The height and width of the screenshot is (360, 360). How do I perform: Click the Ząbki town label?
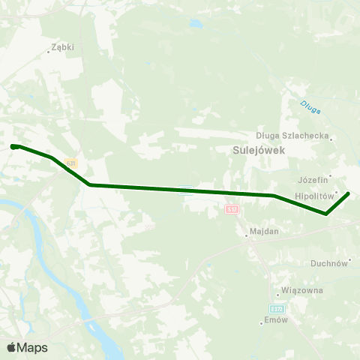click(62, 47)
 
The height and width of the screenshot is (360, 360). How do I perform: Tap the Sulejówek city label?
click(251, 149)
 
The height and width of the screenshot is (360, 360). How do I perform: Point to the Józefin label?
click(313, 180)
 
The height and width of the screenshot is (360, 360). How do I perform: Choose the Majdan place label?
click(263, 231)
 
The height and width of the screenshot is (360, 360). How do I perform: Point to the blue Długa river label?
click(310, 107)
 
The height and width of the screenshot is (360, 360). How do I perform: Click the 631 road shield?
click(70, 163)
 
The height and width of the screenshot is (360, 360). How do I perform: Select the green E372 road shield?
click(277, 308)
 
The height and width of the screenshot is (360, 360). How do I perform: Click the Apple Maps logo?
click(27, 347)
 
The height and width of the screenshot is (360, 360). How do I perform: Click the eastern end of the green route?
click(348, 193)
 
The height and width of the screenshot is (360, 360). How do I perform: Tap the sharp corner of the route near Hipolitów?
click(325, 214)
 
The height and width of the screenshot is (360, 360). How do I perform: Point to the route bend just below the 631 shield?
click(89, 184)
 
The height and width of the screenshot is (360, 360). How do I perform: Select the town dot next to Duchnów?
click(349, 260)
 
